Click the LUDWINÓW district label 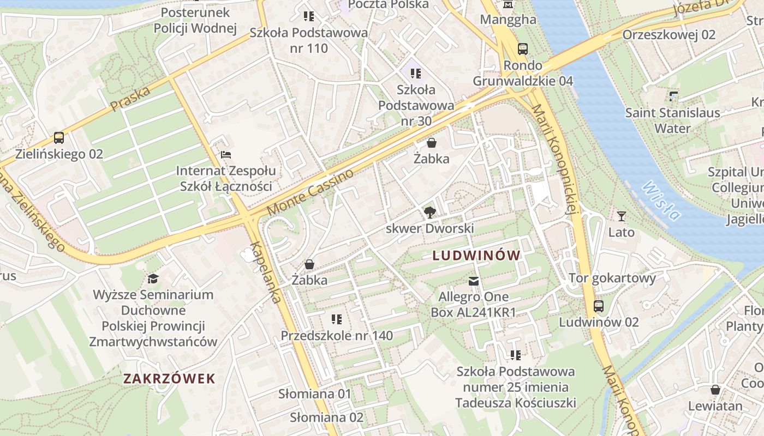point(476,255)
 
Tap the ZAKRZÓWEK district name point(169,378)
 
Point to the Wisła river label point(661,201)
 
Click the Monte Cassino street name point(310,192)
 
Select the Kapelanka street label point(267,272)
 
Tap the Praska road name point(130,99)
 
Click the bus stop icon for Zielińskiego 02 point(59,138)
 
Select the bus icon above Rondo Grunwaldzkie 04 point(523,49)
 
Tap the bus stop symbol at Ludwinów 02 point(599,306)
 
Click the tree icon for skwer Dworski point(430,213)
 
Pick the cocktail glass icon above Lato point(621,216)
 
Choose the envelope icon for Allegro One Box point(473,281)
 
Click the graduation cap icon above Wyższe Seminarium point(153,279)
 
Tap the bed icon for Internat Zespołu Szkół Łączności point(226,155)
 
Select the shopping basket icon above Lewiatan point(715,390)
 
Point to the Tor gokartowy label point(612,278)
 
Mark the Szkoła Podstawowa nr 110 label point(309,40)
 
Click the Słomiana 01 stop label point(315,393)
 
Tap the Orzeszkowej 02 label point(668,35)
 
